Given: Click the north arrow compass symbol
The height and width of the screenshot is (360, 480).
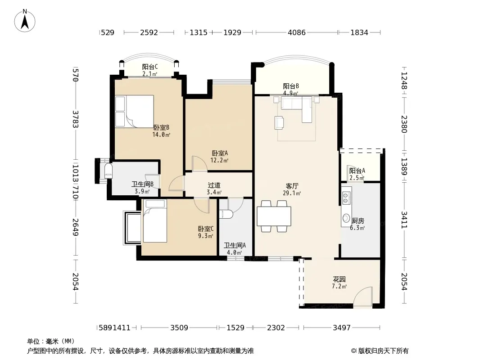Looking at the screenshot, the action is click(25, 21).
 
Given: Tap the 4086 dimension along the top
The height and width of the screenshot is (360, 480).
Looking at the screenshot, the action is click(297, 32).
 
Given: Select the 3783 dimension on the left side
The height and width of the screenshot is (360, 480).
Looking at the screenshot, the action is click(76, 119).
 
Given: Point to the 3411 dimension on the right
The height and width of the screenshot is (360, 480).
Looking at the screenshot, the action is click(404, 220).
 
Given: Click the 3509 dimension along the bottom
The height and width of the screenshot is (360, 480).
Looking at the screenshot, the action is click(179, 328).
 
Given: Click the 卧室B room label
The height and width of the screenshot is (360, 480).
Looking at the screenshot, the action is click(161, 127).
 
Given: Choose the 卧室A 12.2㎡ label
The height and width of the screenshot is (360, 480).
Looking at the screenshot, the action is click(219, 156).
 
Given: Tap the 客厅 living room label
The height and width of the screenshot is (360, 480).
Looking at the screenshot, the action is click(292, 186).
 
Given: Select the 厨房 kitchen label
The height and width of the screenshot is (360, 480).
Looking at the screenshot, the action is click(358, 220).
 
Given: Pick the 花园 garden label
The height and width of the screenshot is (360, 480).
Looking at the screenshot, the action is click(339, 279).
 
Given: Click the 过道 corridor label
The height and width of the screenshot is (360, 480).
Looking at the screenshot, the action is click(214, 185).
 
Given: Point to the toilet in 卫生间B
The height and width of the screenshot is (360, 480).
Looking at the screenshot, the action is click(109, 171).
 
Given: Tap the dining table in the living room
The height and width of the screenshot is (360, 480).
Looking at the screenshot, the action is click(274, 216).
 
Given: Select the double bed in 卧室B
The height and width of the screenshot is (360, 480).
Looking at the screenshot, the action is click(134, 111).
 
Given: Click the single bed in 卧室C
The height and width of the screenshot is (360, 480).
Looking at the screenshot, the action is click(155, 221).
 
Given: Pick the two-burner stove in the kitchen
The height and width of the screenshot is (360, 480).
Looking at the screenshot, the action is click(346, 198).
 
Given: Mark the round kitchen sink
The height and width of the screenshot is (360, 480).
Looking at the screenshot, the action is click(346, 218).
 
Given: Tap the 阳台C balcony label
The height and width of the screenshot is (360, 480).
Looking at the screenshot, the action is click(149, 67).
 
